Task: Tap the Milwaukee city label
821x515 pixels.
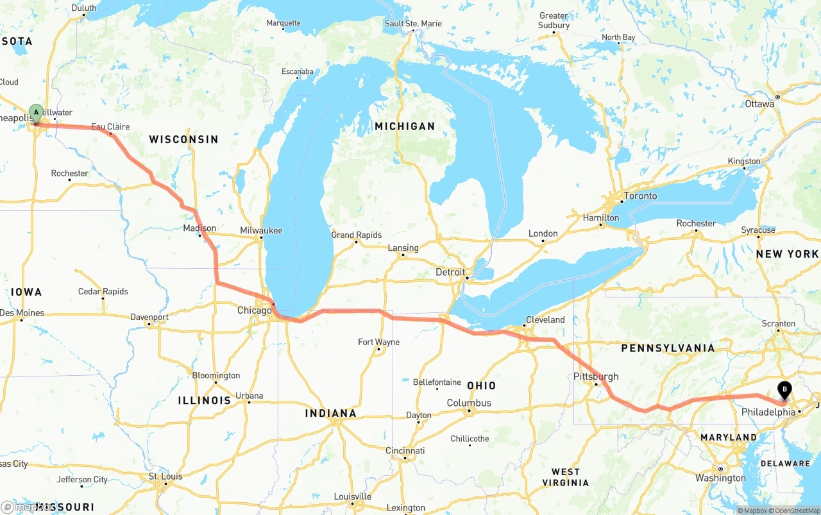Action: click(x=261, y=230)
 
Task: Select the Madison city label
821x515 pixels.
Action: click(x=199, y=228)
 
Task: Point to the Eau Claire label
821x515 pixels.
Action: click(x=110, y=127)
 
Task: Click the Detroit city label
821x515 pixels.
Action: click(x=450, y=272)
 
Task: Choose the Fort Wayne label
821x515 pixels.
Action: click(x=378, y=342)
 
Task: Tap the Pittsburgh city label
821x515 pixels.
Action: click(x=596, y=376)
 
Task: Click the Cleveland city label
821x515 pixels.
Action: click(x=545, y=319)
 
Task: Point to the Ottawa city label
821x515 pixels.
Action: click(x=759, y=104)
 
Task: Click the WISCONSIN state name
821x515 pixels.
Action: click(x=183, y=139)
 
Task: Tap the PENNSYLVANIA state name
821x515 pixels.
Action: click(x=667, y=348)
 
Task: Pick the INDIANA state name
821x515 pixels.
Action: click(x=330, y=413)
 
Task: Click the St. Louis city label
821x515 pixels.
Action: click(x=165, y=477)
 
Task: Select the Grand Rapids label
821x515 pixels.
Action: click(x=356, y=235)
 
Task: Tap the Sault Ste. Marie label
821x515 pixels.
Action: click(x=413, y=24)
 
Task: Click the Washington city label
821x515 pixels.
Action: click(x=720, y=478)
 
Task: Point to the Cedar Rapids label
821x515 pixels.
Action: click(x=103, y=291)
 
